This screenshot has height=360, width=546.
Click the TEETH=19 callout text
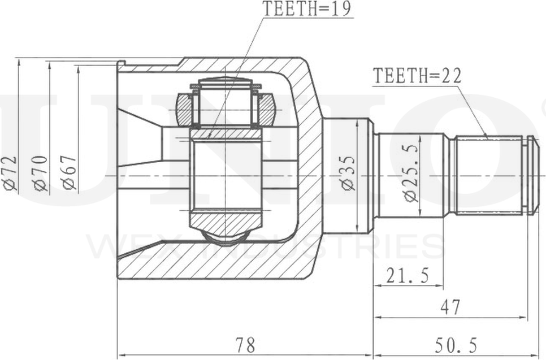pyautogui.click(x=306, y=8)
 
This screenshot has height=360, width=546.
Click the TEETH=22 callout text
pyautogui.click(x=417, y=76)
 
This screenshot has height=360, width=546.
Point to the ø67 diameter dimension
pyautogui.click(x=69, y=174)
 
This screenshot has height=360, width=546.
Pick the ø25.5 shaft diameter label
pyautogui.click(x=411, y=172)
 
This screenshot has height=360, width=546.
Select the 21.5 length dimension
pyautogui.click(x=408, y=276)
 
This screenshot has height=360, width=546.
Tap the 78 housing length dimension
pyautogui.click(x=244, y=344)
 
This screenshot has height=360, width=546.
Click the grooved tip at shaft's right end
pyautogui.click(x=532, y=175)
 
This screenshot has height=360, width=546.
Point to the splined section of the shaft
pyautogui.click(x=489, y=175)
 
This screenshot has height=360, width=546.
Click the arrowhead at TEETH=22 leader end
pyautogui.click(x=487, y=137)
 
